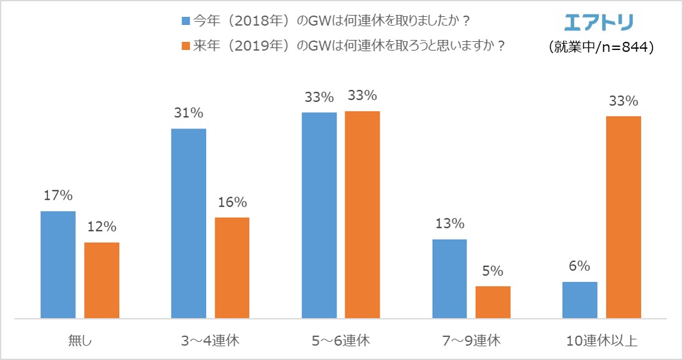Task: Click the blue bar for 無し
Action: point(58,265)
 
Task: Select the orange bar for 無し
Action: point(102,281)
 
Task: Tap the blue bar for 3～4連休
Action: point(189,224)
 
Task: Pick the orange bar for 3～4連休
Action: point(232,268)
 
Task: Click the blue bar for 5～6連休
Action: point(319,216)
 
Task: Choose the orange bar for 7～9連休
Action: point(493,303)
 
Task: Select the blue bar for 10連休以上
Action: point(579,300)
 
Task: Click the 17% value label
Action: point(58,195)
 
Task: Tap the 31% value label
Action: point(189,113)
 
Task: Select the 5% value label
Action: point(493,271)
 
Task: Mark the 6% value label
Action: point(579,266)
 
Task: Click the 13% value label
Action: point(449,223)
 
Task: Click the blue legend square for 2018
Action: point(185,21)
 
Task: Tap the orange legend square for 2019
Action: point(185,46)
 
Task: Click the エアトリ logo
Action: point(598,22)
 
